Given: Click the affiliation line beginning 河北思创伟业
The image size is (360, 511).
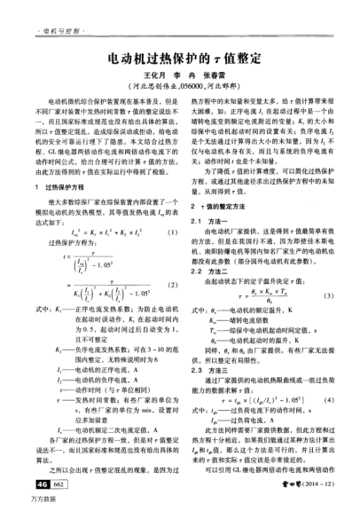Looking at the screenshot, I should pos(178,87).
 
